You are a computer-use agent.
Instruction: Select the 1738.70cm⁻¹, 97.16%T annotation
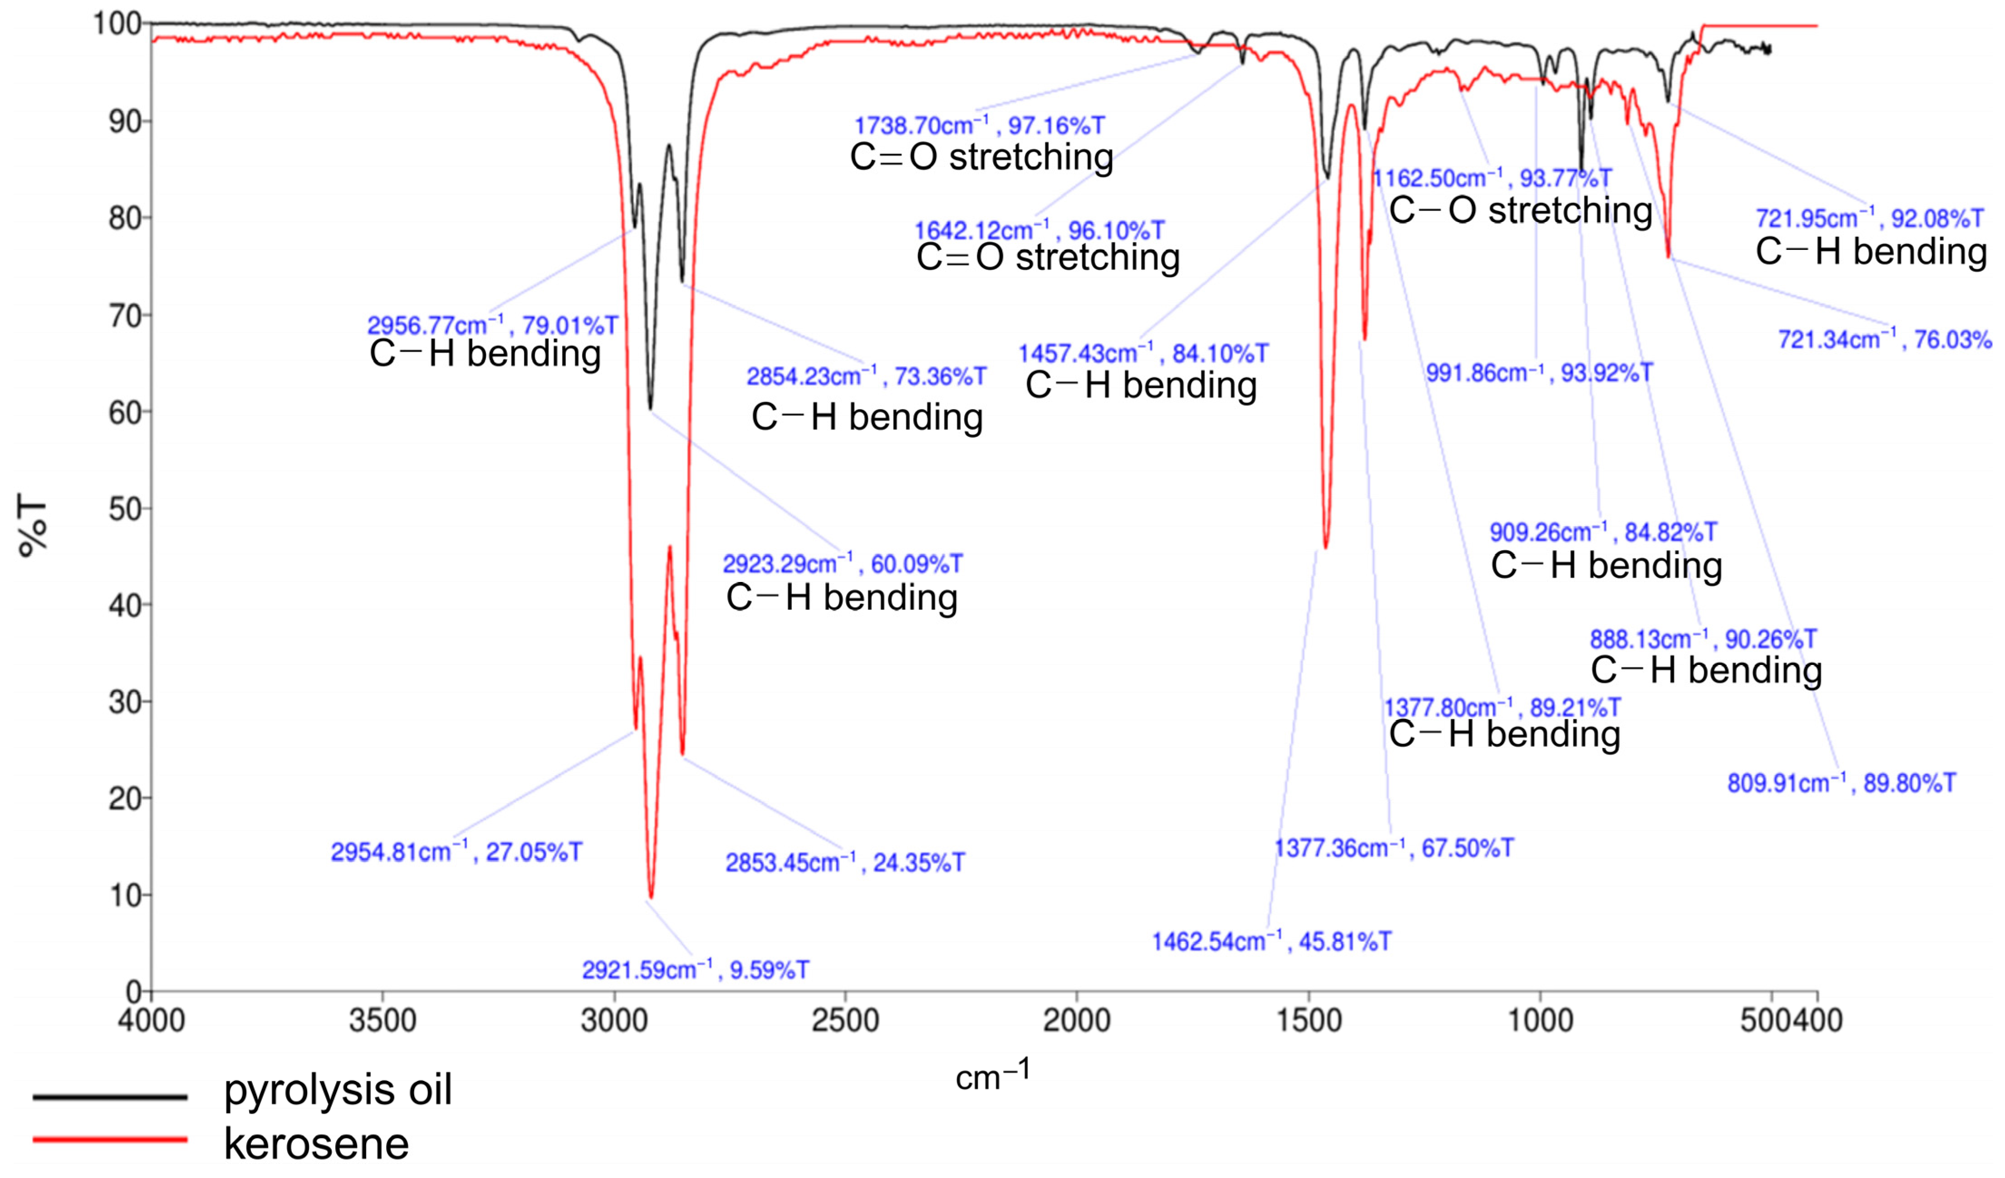coord(979,126)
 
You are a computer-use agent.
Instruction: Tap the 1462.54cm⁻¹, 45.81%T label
coord(1271,942)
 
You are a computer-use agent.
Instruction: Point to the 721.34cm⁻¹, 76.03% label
coord(1884,340)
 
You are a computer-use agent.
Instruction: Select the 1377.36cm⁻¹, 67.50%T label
coord(1394,848)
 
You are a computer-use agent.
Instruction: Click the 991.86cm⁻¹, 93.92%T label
coord(1539,372)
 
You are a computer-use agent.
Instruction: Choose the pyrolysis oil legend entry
coord(338,1090)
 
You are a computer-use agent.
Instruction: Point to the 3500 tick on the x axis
coord(382,1020)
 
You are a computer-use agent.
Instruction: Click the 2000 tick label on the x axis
coord(1077,1020)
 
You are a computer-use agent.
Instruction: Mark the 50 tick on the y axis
coord(124,509)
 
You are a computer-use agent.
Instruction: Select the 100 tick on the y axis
coord(118,24)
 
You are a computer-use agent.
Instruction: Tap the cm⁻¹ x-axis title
coord(992,1077)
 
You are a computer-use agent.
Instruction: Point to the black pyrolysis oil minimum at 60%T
coord(650,409)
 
